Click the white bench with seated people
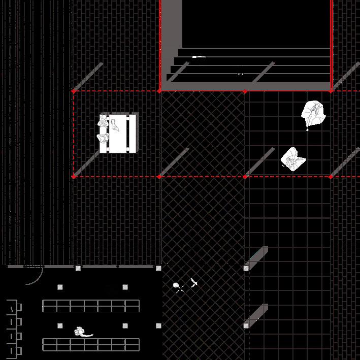(119, 133)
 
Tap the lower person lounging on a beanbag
(293, 158)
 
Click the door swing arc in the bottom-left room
(37, 278)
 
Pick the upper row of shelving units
(90, 306)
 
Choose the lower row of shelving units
(90, 344)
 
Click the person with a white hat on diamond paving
(177, 286)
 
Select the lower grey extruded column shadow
(257, 315)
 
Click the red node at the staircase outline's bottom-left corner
(160, 91)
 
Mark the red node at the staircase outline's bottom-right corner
(331, 91)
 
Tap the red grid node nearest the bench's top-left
(74, 91)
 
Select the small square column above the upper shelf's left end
(60, 287)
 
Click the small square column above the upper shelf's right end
(125, 287)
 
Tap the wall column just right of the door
(78, 268)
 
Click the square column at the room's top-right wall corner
(158, 268)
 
